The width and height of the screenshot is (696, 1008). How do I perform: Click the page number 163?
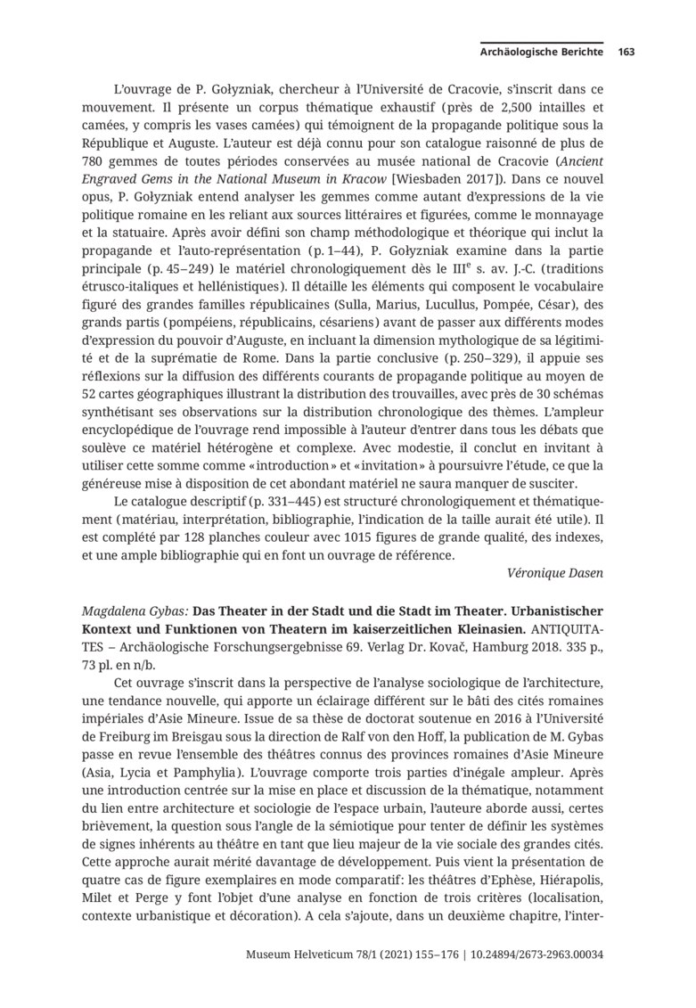pos(626,52)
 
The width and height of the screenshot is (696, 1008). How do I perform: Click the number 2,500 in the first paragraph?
pos(531,106)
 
